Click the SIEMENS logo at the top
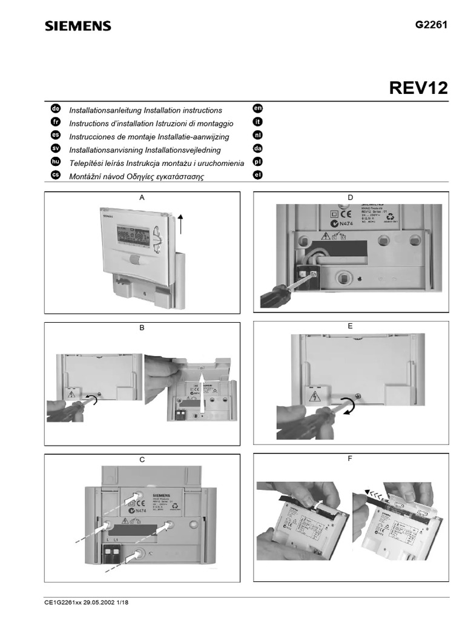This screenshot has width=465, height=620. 77,25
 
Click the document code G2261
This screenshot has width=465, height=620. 431,25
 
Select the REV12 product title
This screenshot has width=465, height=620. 418,88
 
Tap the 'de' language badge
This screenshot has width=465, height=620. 55,109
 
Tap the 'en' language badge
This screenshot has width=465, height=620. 257,109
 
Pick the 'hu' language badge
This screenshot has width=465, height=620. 55,162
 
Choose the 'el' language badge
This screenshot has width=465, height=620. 257,176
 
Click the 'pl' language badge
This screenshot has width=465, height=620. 257,162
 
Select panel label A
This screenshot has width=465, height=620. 142,198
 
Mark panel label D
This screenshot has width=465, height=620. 350,197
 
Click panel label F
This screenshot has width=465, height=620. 350,458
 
